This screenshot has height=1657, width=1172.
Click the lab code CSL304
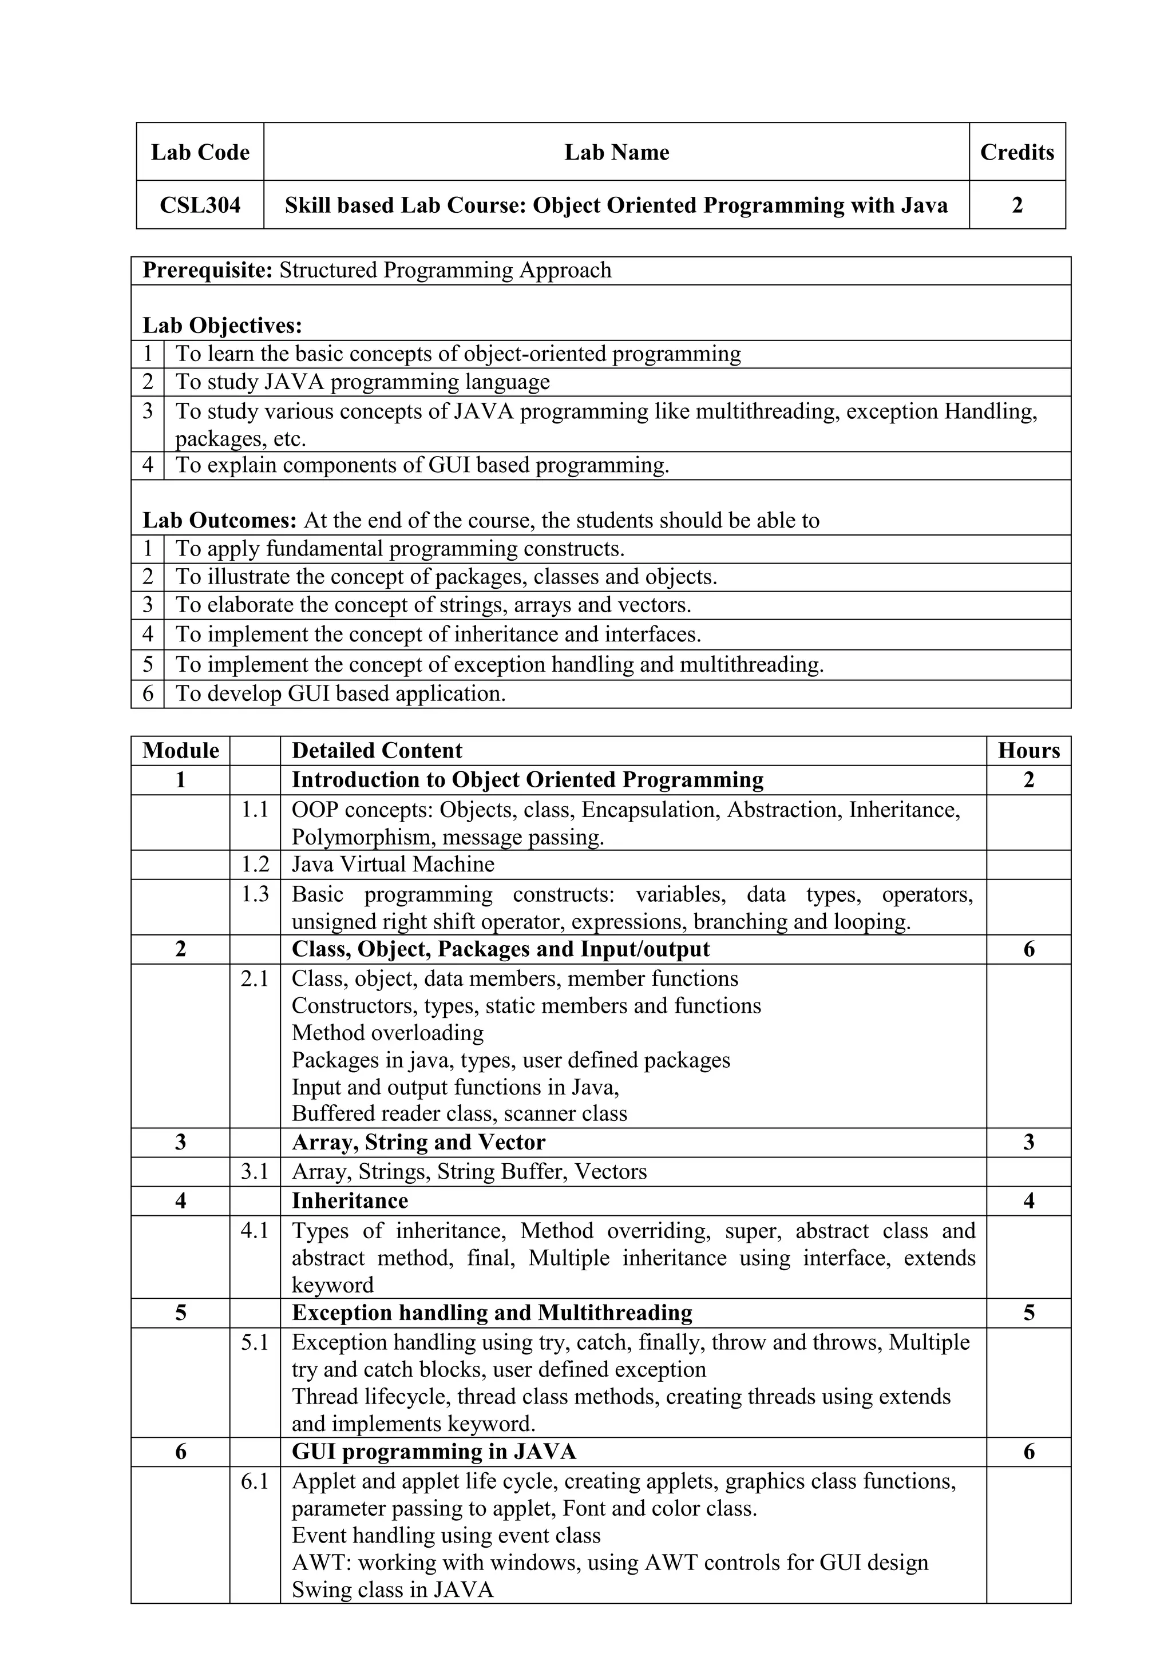pos(200,205)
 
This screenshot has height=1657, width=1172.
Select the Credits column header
pos(1016,152)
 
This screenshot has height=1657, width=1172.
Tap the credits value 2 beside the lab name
pos(1016,205)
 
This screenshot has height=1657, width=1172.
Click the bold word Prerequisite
pos(207,271)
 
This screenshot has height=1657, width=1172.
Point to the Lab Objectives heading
pos(221,326)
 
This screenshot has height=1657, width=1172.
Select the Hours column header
pos(1028,751)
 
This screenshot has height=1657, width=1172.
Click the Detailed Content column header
pos(377,751)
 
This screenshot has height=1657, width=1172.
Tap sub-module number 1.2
pos(255,865)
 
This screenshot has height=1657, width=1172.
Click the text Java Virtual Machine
pos(393,865)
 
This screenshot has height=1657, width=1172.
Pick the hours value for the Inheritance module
pos(1028,1201)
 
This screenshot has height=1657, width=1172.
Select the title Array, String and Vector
pos(418,1143)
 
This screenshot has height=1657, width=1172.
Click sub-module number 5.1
pos(255,1342)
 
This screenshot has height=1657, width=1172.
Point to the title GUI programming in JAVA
pos(433,1452)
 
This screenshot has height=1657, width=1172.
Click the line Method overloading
pos(387,1033)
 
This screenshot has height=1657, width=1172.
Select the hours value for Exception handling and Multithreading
pos(1028,1313)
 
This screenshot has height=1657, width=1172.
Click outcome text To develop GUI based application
pos(340,694)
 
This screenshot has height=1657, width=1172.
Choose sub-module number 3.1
pos(255,1171)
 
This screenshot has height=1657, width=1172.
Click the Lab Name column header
pos(616,152)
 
